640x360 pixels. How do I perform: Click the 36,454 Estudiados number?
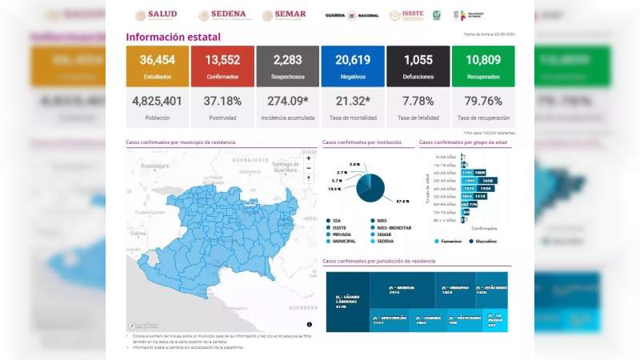(158, 59)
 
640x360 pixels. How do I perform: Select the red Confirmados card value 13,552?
(222, 59)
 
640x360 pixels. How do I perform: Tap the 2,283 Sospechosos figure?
(288, 59)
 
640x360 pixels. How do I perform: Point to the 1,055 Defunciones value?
(418, 59)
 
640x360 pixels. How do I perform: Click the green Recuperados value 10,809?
(482, 59)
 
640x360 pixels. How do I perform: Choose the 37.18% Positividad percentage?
(222, 100)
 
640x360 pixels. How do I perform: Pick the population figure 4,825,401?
(158, 100)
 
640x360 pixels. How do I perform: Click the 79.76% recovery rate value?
(482, 100)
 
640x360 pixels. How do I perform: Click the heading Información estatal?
(173, 37)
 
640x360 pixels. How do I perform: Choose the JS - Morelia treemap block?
(401, 290)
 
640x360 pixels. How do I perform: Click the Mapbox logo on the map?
(143, 326)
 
